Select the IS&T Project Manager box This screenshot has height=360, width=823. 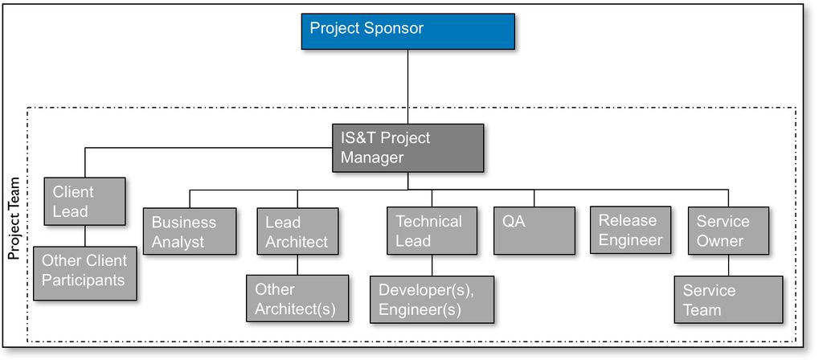pyautogui.click(x=408, y=148)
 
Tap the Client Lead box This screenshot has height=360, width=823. pyautogui.click(x=85, y=201)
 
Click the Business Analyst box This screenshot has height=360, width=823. pyautogui.click(x=190, y=231)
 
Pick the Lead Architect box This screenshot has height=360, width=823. pyautogui.click(x=297, y=231)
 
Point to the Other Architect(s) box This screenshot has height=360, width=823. pyautogui.click(x=297, y=298)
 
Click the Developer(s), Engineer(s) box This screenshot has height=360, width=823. pyautogui.click(x=432, y=300)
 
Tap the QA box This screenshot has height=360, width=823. pyautogui.click(x=534, y=231)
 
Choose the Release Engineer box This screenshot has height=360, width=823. pyautogui.click(x=631, y=230)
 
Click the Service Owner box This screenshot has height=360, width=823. pyautogui.click(x=728, y=231)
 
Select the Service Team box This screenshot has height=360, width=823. pyautogui.click(x=727, y=300)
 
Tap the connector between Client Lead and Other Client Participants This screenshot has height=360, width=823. pyautogui.click(x=86, y=235)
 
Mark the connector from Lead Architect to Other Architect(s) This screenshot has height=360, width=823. pyautogui.click(x=297, y=264)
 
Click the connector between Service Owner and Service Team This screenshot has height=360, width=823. pyautogui.click(x=728, y=265)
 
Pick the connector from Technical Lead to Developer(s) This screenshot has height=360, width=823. pyautogui.click(x=432, y=265)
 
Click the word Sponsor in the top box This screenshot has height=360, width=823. pyautogui.click(x=394, y=29)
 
